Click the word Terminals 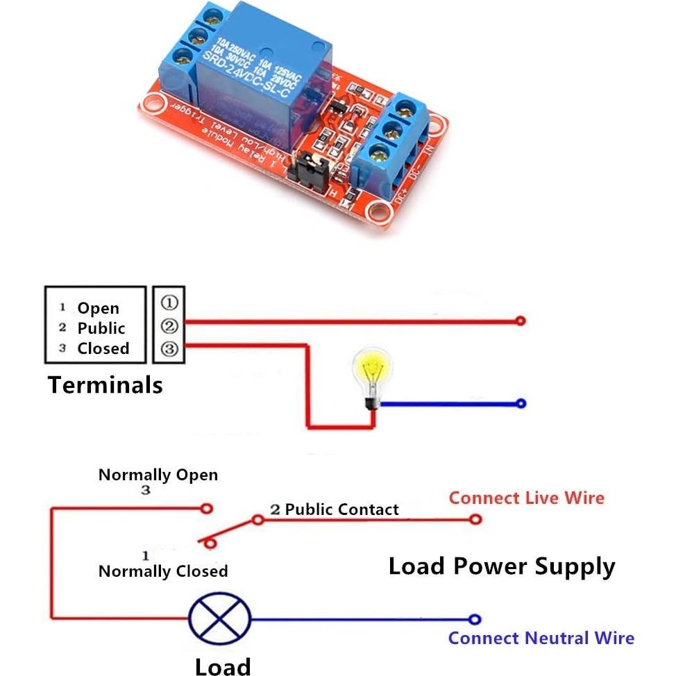105,385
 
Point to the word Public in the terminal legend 101,328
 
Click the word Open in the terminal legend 98,308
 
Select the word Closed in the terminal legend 103,348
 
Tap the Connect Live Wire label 526,498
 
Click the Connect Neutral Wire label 541,638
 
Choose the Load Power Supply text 501,566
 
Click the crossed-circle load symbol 219,620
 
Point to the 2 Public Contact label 335,509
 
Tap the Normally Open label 158,475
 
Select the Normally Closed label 163,571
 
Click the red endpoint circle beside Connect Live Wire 475,518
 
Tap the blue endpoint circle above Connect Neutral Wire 475,620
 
